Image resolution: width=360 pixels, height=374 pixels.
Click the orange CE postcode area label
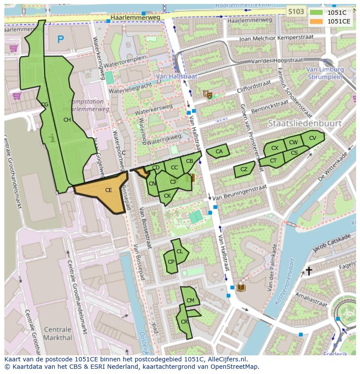[x=109, y=190]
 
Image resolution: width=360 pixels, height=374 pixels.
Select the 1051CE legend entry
[x=338, y=21]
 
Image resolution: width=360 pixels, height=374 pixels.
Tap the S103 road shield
[x=296, y=12]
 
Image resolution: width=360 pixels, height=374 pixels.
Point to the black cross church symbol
[x=309, y=271]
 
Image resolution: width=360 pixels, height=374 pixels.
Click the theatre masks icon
[x=207, y=93]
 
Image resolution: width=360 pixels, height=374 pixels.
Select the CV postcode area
[x=312, y=138]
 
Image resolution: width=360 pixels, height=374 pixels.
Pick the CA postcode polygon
[x=219, y=152]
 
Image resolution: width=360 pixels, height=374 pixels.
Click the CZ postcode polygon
[x=244, y=169]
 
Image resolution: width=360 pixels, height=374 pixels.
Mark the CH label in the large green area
[x=67, y=120]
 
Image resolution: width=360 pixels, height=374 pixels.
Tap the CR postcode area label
[x=184, y=322]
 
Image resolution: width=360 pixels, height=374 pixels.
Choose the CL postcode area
[x=180, y=252]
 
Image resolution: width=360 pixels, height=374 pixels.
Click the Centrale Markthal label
[x=57, y=333]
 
